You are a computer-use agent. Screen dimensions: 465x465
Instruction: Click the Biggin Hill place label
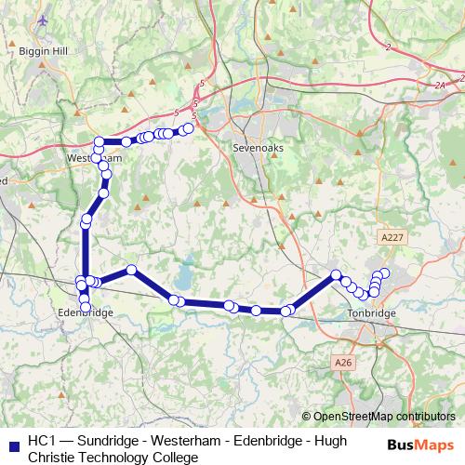[x=38, y=52]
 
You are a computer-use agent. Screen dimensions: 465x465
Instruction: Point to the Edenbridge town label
[x=85, y=313]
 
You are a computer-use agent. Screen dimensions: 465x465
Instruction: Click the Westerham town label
[x=94, y=159]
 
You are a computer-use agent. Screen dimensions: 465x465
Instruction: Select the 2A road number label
[x=440, y=85]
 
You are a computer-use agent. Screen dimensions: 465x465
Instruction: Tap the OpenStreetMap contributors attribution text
[x=383, y=417]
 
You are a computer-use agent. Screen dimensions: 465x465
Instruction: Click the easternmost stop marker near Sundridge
[x=189, y=128]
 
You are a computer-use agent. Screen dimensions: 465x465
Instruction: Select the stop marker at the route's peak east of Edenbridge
[x=132, y=270]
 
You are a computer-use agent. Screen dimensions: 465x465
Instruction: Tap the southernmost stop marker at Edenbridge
[x=85, y=306]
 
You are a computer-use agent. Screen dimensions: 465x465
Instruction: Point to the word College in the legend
[x=172, y=457]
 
